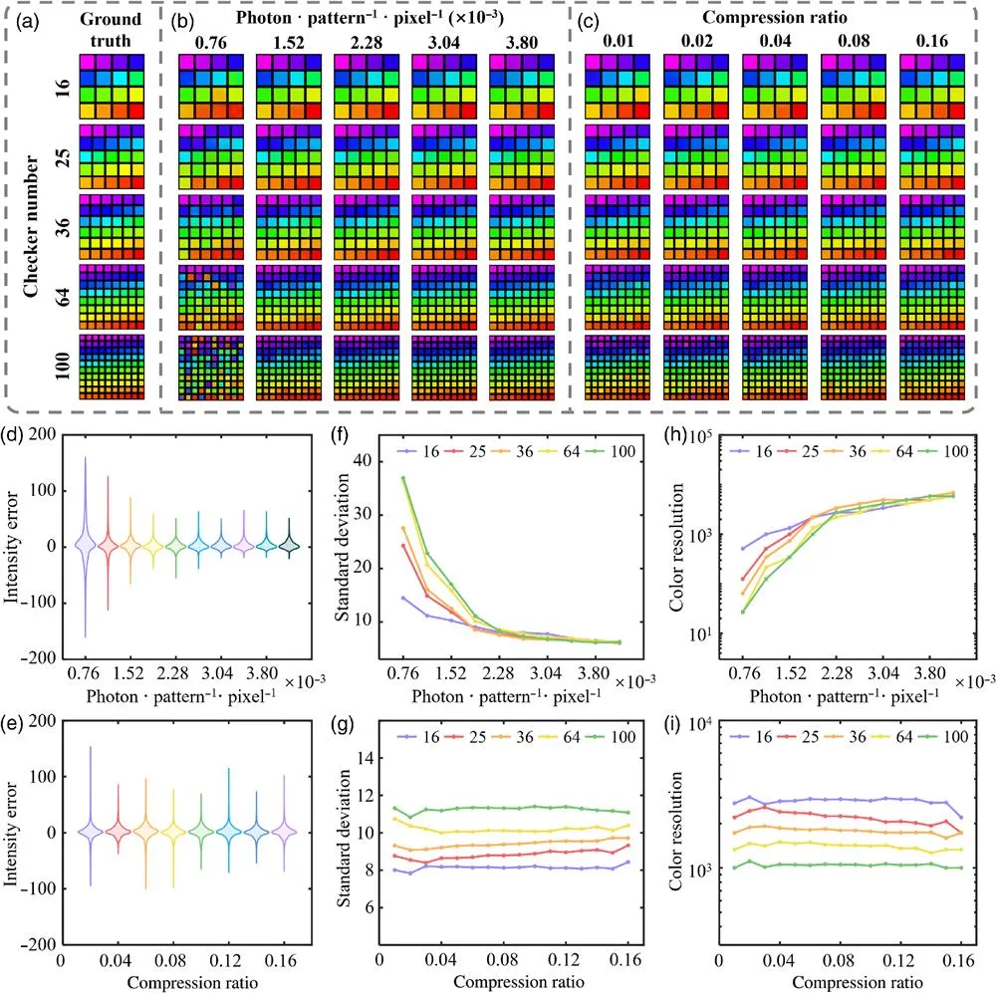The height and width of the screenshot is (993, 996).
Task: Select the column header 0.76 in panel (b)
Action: (x=210, y=42)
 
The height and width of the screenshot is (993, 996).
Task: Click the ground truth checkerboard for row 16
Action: (x=112, y=86)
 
